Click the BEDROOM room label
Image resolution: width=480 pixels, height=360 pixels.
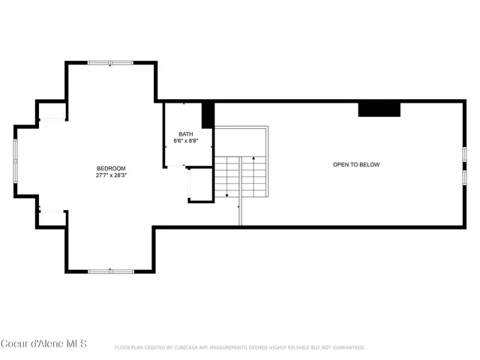click(x=111, y=168)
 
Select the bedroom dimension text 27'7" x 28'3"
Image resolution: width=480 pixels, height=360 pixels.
click(x=111, y=176)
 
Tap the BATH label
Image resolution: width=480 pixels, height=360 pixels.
click(x=185, y=133)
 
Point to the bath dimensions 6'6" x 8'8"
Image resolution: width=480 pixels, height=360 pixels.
click(x=185, y=141)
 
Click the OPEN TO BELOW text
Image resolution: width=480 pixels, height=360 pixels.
click(x=356, y=164)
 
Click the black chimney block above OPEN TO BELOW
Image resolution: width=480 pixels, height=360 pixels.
click(x=379, y=109)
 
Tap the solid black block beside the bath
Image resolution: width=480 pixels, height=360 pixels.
click(x=208, y=114)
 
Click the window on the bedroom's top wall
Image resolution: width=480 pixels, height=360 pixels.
click(x=111, y=63)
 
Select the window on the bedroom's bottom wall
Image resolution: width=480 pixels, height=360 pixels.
click(x=111, y=271)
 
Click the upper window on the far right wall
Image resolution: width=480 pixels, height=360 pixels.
click(x=464, y=154)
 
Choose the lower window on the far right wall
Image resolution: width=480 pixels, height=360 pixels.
click(x=464, y=178)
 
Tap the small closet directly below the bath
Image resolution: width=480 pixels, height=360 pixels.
click(x=200, y=184)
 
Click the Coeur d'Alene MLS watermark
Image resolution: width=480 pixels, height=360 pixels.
click(x=44, y=344)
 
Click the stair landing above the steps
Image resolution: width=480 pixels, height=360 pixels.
click(x=241, y=142)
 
